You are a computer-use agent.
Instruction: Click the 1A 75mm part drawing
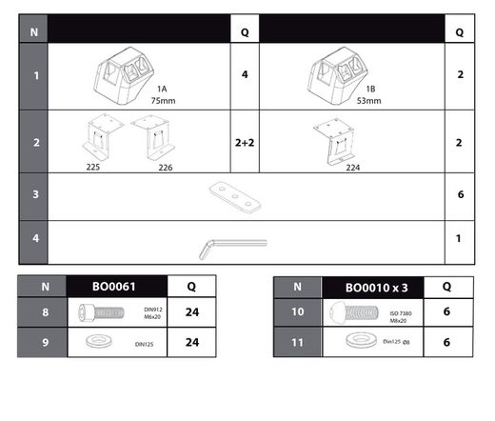point(124,75)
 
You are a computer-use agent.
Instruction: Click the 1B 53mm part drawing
point(338,75)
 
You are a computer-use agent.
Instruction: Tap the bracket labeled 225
point(103,136)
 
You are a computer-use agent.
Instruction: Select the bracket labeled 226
point(153,137)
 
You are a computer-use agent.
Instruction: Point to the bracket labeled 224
point(334,141)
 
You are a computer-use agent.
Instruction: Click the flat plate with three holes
point(235,197)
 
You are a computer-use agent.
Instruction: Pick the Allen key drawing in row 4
point(233,250)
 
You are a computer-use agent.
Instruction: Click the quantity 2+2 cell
point(245,143)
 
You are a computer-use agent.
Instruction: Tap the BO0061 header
point(114,287)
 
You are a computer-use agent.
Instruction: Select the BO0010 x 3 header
point(376,288)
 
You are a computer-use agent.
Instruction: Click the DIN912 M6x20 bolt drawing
point(101,312)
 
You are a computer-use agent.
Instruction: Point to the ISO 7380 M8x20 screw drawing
point(354,312)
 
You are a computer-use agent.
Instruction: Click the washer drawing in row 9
point(99,341)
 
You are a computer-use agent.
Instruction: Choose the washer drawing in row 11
point(361,340)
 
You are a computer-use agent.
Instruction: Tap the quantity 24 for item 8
point(192,312)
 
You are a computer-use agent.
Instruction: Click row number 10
point(298,311)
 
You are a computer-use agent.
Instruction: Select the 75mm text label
point(163,101)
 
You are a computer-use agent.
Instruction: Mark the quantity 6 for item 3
point(461,194)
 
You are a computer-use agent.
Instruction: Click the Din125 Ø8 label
point(396,342)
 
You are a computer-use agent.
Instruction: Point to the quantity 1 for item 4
point(459,238)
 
